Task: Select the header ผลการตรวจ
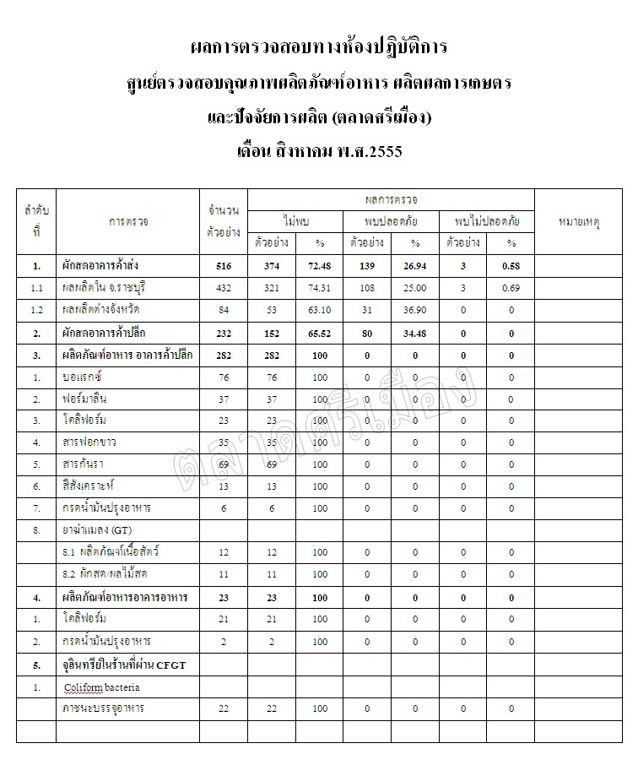[x=391, y=199]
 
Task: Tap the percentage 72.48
[x=320, y=267]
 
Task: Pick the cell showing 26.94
[x=415, y=267]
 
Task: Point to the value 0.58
[x=511, y=267]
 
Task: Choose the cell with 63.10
[x=320, y=311]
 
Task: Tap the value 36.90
[x=415, y=311]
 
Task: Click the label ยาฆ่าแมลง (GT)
[x=97, y=530]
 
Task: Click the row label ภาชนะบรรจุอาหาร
[x=103, y=708]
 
